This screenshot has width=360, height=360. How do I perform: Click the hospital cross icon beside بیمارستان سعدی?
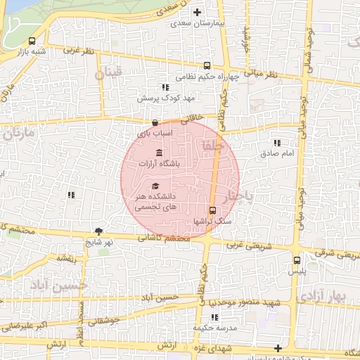[197, 12]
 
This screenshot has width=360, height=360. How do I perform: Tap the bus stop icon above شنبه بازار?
[33, 40]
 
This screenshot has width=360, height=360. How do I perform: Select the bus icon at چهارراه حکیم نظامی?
[206, 65]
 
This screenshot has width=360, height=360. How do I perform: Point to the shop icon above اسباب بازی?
[154, 122]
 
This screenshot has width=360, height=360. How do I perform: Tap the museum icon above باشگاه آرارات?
[159, 153]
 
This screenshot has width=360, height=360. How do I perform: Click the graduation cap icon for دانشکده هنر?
[155, 185]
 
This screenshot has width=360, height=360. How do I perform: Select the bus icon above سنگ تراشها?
[213, 210]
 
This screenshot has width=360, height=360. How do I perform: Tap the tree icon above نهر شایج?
[98, 231]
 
